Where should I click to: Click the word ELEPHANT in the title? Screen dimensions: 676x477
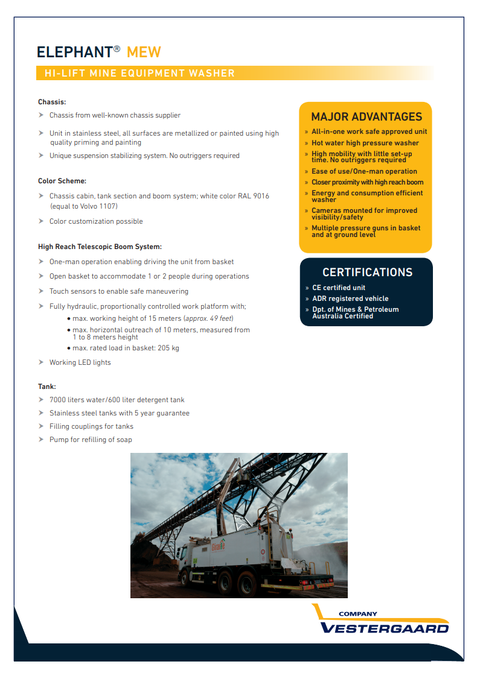[74, 52]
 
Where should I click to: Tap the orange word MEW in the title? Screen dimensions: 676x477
[144, 52]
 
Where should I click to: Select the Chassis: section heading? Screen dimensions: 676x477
[52, 102]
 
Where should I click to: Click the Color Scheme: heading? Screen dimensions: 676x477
[62, 181]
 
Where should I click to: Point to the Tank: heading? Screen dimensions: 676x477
[47, 387]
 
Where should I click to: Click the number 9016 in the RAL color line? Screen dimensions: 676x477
[260, 196]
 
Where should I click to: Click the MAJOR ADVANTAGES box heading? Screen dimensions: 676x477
[366, 117]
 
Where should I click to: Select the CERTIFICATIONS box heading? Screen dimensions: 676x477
[367, 273]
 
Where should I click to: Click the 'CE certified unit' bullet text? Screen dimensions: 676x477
[339, 288]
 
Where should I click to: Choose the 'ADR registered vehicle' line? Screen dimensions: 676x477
[350, 299]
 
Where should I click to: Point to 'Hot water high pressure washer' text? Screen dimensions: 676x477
[365, 143]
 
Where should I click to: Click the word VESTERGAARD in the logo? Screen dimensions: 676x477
[385, 628]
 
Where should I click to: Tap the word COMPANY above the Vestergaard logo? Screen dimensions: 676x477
[357, 614]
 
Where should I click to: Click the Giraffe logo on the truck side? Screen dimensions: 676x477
[217, 545]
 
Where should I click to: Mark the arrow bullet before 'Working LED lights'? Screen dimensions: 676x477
[41, 362]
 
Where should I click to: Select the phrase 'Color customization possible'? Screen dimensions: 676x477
[96, 221]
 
